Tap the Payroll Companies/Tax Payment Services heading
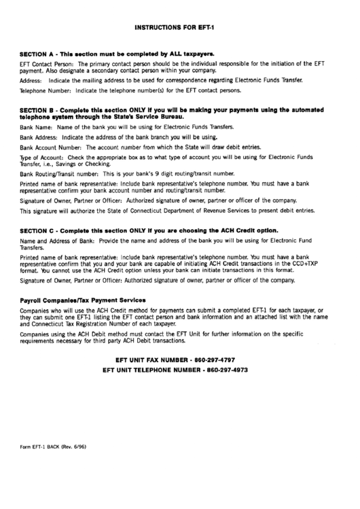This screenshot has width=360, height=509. coord(83,300)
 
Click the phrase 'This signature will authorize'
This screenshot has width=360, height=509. coord(60,211)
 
